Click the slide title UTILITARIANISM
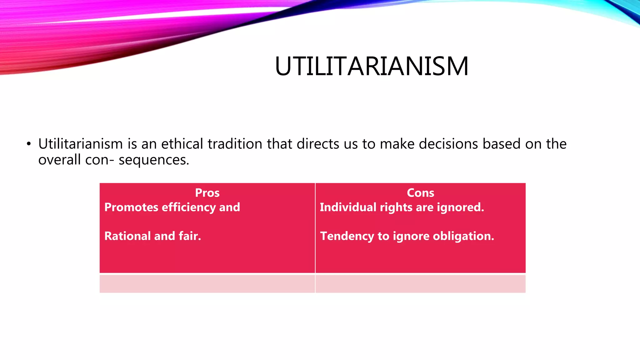[372, 66]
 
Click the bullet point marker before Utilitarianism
[29, 144]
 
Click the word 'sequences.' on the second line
[154, 160]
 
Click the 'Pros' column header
[207, 192]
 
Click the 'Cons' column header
[420, 192]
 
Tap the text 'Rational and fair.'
[152, 236]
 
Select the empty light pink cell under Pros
[207, 284]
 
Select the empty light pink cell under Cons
[420, 284]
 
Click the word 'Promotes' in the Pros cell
[131, 207]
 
